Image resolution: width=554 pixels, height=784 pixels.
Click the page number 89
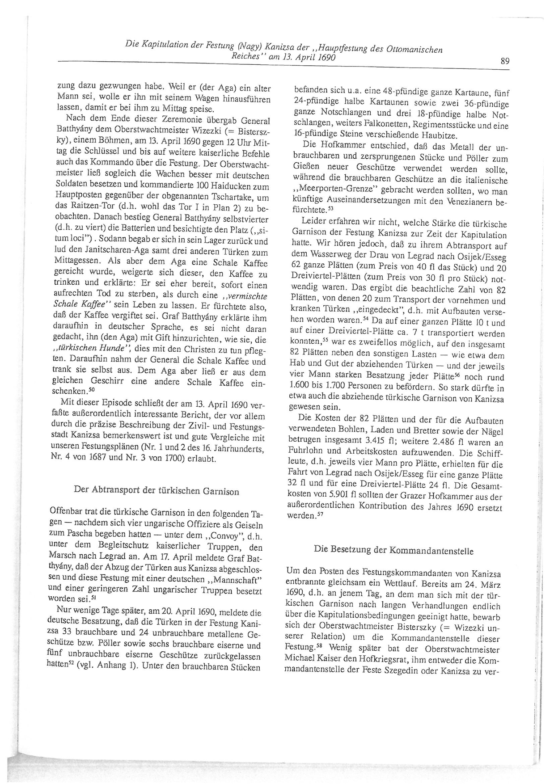click(504, 61)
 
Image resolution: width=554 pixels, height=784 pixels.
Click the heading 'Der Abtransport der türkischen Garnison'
click(156, 491)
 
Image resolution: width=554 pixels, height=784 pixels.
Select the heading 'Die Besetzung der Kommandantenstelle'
click(393, 549)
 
